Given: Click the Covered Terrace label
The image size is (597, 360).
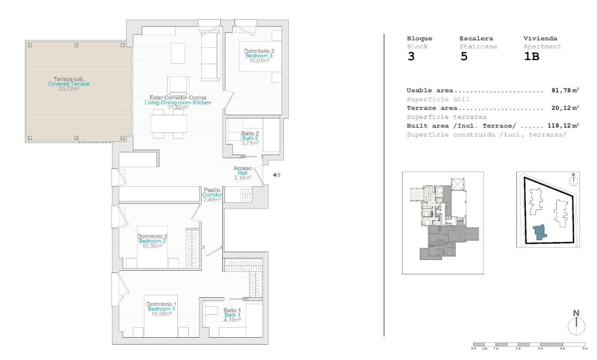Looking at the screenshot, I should (x=68, y=84).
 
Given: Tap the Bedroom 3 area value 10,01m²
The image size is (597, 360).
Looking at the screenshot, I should (x=259, y=61).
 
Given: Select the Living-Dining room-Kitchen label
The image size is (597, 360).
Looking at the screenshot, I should (x=178, y=102).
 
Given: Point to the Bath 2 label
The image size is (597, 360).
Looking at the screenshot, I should (x=249, y=138).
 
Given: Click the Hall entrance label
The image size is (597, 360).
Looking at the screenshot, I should (x=243, y=173).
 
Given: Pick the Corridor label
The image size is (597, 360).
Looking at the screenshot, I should (x=212, y=195).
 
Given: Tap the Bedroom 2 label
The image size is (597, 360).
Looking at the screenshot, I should (x=152, y=241).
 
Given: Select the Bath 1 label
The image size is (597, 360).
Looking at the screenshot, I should (x=232, y=315).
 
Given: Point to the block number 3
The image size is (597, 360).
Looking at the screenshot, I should (x=411, y=57).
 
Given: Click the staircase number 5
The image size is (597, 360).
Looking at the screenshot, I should (x=464, y=57).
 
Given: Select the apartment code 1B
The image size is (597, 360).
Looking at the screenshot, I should (x=531, y=57).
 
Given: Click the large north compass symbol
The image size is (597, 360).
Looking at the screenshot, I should (x=576, y=325).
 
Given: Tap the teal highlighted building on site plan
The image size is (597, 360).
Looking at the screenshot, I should (x=539, y=233).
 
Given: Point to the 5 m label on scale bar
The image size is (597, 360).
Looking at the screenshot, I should (x=584, y=348).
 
